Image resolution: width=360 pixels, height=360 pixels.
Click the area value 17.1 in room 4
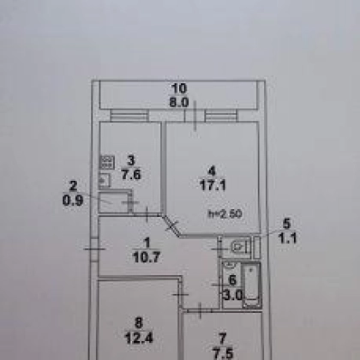[213, 185]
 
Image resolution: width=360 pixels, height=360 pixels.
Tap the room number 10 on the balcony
[179, 88]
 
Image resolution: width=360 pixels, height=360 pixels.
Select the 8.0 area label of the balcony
[179, 102]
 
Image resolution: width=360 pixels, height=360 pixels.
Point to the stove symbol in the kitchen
[107, 162]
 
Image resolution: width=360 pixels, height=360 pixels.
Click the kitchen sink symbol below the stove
[105, 180]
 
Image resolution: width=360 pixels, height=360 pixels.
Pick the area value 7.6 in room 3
[131, 174]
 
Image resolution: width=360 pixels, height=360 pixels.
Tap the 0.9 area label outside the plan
[73, 201]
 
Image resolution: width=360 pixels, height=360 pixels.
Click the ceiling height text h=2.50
[225, 213]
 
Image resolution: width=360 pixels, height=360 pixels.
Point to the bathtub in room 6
[252, 285]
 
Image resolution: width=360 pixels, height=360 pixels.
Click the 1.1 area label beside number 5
[288, 238]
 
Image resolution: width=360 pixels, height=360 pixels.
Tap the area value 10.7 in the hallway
[147, 257]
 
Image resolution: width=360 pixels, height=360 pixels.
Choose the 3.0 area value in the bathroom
[232, 295]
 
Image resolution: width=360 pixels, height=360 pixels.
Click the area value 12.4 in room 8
[139, 338]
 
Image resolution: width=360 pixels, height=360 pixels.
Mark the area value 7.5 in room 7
[223, 353]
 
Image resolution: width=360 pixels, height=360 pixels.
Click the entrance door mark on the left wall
[94, 249]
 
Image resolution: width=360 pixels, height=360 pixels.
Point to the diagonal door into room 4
[172, 225]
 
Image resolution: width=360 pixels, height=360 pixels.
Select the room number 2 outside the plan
[73, 186]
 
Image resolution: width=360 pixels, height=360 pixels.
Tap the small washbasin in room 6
[229, 266]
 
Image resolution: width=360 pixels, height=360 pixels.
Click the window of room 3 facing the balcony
[129, 116]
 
